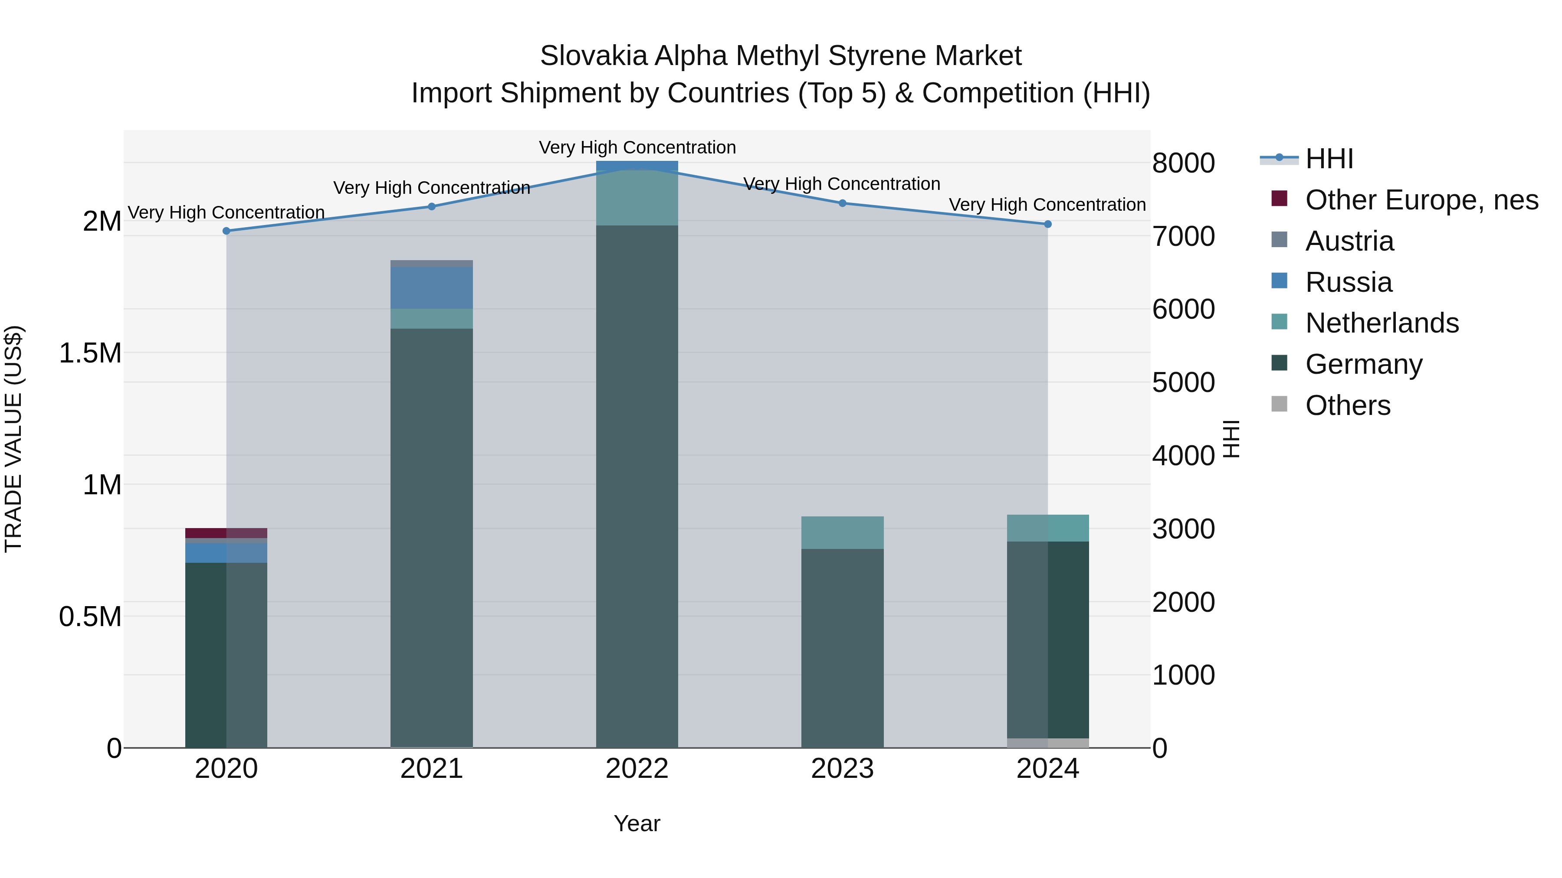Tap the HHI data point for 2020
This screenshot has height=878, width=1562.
[226, 231]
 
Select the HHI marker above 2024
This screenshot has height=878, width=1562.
[1047, 224]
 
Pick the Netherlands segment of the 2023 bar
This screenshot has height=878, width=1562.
[842, 532]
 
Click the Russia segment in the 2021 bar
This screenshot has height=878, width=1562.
[431, 288]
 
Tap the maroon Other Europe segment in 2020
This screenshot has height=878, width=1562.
[226, 532]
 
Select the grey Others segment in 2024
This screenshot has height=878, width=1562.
[1047, 743]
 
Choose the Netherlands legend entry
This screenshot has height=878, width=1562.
[1382, 323]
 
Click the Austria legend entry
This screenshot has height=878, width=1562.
[1349, 241]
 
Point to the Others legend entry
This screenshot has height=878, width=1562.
[1347, 405]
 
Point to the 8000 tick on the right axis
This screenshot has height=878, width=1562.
[1183, 163]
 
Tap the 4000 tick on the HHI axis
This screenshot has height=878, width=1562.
[1183, 456]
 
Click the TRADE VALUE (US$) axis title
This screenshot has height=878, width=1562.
[13, 439]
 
